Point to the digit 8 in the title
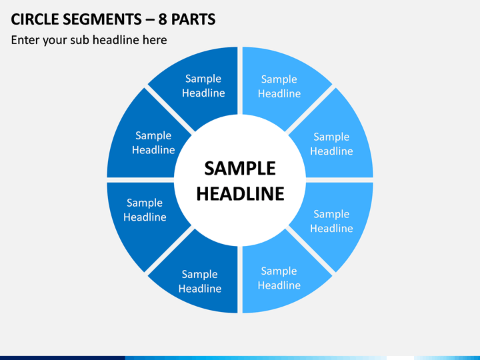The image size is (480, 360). pos(162,19)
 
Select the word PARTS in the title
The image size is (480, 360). pos(193,19)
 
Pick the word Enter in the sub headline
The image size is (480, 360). pos(25,40)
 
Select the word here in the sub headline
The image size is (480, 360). pos(155,40)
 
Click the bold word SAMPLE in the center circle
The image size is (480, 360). pos(240,169)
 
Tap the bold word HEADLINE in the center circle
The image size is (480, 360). pos(240,193)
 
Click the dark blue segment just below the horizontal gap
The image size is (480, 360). pos(145,219)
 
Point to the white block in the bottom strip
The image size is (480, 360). pos(400,358)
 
